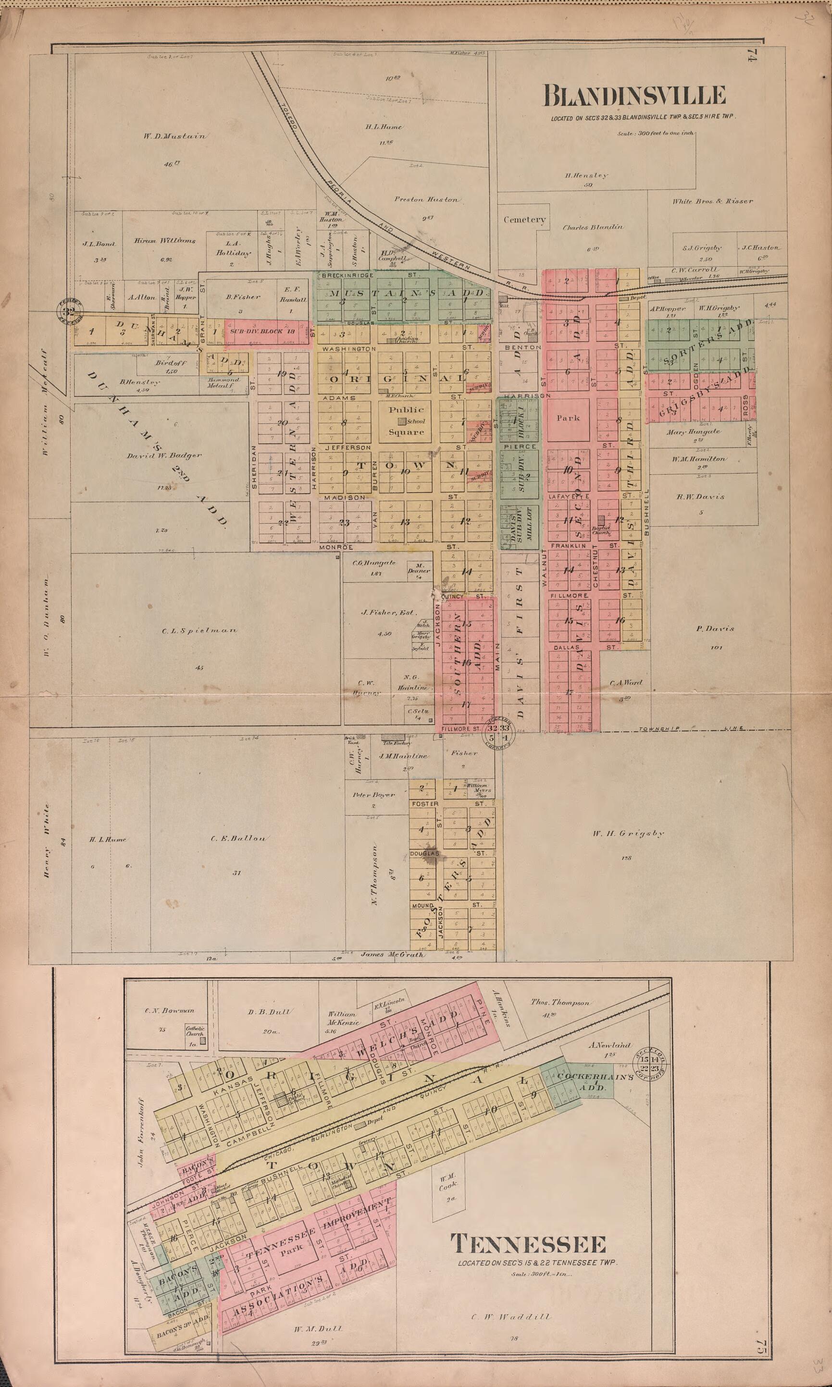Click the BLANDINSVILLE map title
(x=634, y=97)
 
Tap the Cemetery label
(x=524, y=220)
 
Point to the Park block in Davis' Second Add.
(x=568, y=418)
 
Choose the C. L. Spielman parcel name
(x=199, y=630)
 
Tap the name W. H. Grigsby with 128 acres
(x=628, y=834)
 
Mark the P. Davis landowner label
(x=715, y=629)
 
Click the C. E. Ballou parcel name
(x=238, y=838)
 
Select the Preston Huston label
(x=426, y=199)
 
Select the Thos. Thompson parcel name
(x=560, y=1003)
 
